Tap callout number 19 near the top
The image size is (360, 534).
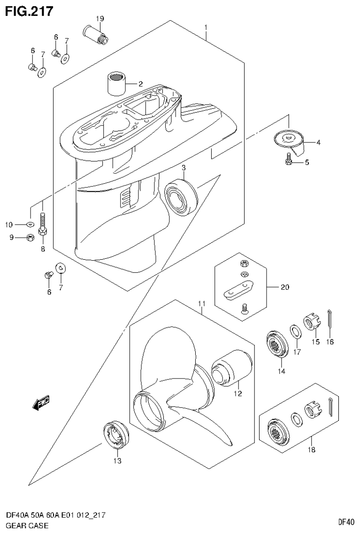coord(100,19)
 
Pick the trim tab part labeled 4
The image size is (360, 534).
coord(289,142)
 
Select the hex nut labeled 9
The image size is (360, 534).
coord(29,237)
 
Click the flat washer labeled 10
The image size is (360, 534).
coord(30,224)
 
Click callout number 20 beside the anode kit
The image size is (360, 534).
coord(285,287)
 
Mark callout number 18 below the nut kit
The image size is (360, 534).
coord(311,450)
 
